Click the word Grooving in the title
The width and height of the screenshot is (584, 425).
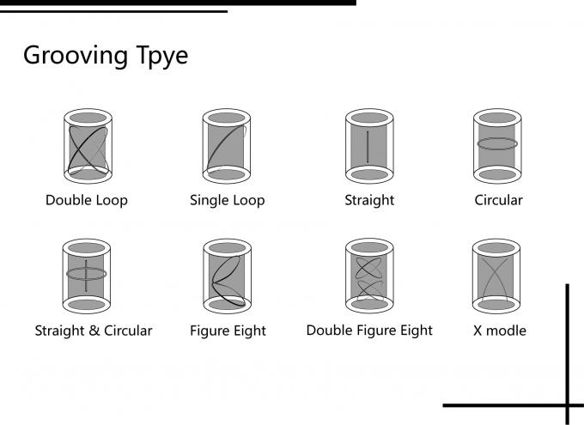70,56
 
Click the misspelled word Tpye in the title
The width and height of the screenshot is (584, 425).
156,56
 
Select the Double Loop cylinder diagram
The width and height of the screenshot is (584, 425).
87,146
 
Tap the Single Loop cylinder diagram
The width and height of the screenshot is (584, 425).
227,146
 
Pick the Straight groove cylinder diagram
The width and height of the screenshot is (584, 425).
368,146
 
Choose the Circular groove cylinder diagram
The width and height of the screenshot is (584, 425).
497,146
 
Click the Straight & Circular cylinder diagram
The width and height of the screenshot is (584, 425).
87,276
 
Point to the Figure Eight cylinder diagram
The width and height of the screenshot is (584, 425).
227,276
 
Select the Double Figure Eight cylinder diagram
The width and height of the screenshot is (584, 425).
368,276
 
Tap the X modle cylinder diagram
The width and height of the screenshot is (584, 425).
497,276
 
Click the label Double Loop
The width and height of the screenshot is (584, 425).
87,200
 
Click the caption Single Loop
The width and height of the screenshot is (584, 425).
227,200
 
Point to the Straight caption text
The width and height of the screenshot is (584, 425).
368,200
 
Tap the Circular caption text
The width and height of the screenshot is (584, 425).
498,200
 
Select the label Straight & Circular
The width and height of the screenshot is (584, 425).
93,331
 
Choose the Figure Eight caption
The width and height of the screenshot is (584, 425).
228,331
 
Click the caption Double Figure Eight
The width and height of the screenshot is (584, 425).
369,330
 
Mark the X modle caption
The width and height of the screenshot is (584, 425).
500,331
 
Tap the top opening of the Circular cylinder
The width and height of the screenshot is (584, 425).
497,118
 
